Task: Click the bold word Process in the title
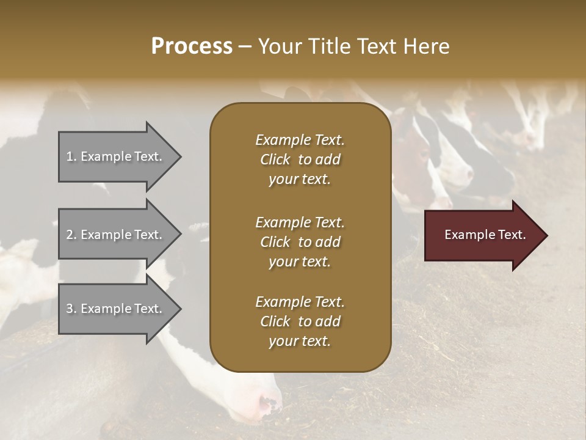[192, 46]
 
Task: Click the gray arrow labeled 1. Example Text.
[116, 156]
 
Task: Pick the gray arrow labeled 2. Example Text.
[116, 235]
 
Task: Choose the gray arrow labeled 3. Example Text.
[116, 309]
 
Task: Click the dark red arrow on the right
[482, 235]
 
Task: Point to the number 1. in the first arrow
[71, 156]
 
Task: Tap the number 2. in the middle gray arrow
[71, 235]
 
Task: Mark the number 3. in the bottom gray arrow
[71, 309]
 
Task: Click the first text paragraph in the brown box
[300, 159]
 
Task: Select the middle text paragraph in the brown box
[300, 241]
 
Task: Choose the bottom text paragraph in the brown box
[300, 321]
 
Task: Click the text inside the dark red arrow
[485, 235]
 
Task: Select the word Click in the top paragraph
[275, 159]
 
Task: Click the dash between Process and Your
[245, 46]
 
